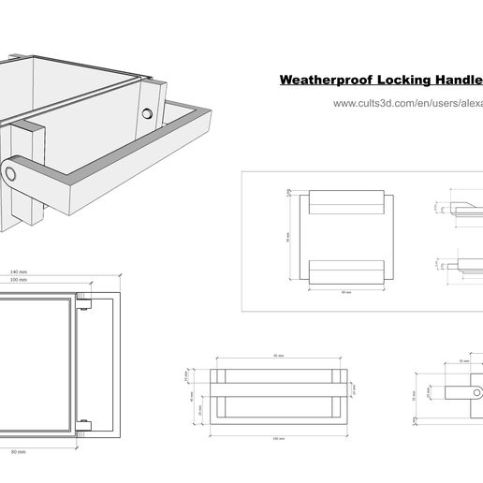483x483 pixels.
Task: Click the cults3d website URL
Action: pyautogui.click(x=407, y=104)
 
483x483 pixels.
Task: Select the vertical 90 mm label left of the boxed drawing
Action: pyautogui.click(x=288, y=237)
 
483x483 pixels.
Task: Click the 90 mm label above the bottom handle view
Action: pyautogui.click(x=278, y=356)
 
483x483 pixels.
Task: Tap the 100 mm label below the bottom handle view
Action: pyautogui.click(x=278, y=438)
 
